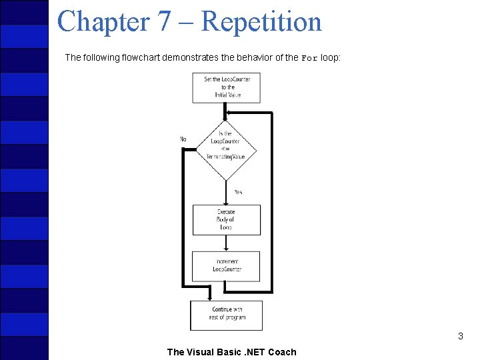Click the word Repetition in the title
261,21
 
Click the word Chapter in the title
103,21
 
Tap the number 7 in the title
165,21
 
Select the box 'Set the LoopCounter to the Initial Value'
226,87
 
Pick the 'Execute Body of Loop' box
226,220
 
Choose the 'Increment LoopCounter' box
226,265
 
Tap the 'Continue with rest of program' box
226,314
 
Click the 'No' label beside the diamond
183,139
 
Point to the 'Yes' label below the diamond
238,192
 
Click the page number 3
460,336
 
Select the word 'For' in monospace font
309,58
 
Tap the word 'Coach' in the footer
282,352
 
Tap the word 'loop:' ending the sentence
331,57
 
